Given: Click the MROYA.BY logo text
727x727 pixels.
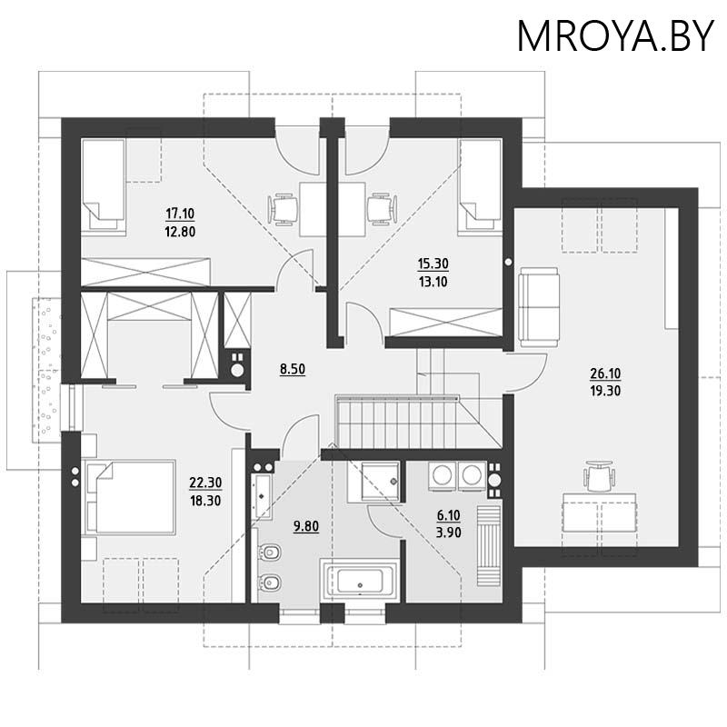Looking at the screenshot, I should tap(615, 35).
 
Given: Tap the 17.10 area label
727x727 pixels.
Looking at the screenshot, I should tap(181, 214).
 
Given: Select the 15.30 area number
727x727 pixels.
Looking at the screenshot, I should tap(433, 264).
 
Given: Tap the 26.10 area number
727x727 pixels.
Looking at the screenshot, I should tap(604, 373).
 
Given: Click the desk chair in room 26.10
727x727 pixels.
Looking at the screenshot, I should tap(600, 475).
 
